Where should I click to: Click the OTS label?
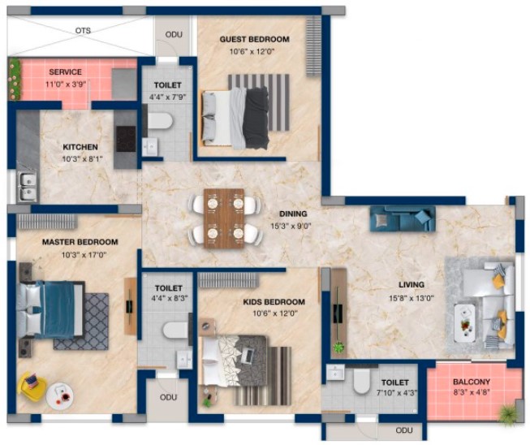[x=83, y=30]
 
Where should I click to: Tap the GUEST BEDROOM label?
[x=255, y=39]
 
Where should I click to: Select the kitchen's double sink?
[x=28, y=187]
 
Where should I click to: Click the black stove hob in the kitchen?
[x=126, y=139]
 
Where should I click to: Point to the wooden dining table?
[x=224, y=218]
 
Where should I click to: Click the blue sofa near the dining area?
[x=403, y=218]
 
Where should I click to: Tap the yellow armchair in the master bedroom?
[x=32, y=384]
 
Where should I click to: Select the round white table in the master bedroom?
[x=60, y=396]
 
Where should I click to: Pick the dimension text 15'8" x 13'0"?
[x=411, y=298]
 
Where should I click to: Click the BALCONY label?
[x=472, y=382]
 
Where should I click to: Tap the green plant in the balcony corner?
[x=508, y=413]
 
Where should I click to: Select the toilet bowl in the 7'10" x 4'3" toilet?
[x=362, y=381]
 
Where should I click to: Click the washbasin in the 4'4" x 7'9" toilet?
[x=149, y=146]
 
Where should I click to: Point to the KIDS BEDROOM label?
[x=274, y=301]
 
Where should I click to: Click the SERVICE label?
[x=65, y=71]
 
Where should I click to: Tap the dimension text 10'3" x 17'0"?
[x=84, y=255]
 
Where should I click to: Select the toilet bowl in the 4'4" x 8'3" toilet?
[x=176, y=330]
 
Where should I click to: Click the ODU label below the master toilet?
[x=168, y=397]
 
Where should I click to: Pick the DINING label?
[x=293, y=214]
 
